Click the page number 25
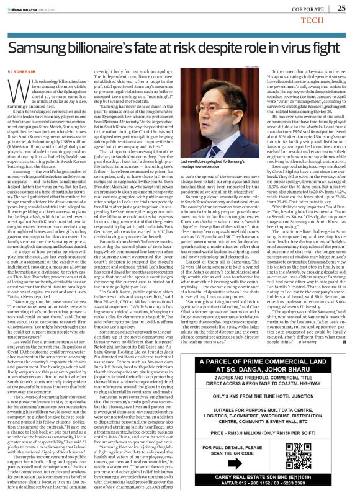pos(341,8)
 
